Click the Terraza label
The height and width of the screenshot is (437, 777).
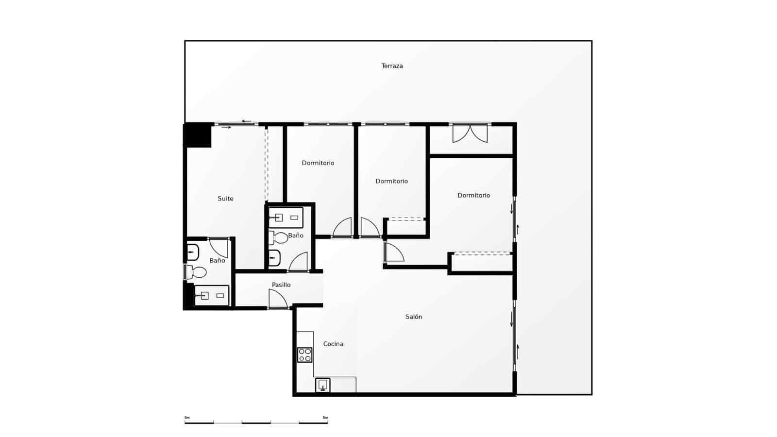point(392,66)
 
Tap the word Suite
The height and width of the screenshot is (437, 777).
point(225,199)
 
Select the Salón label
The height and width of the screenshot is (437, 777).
point(414,317)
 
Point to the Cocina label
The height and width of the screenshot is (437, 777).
point(333,344)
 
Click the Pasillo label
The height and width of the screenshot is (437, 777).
point(281,285)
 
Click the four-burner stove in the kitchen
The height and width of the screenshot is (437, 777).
point(305,355)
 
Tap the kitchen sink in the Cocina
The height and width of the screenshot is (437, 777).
point(323,385)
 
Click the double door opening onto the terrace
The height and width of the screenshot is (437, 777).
point(470,134)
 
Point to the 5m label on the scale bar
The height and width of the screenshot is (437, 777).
point(325,418)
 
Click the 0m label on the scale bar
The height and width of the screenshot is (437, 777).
point(187,418)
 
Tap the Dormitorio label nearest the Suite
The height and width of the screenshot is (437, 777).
point(318,163)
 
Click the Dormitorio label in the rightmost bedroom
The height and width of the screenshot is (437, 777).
point(473,196)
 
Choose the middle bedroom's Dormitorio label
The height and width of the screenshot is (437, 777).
point(391,181)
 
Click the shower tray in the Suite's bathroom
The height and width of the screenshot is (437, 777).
point(212,295)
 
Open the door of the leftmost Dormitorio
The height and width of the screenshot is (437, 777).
point(343,228)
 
